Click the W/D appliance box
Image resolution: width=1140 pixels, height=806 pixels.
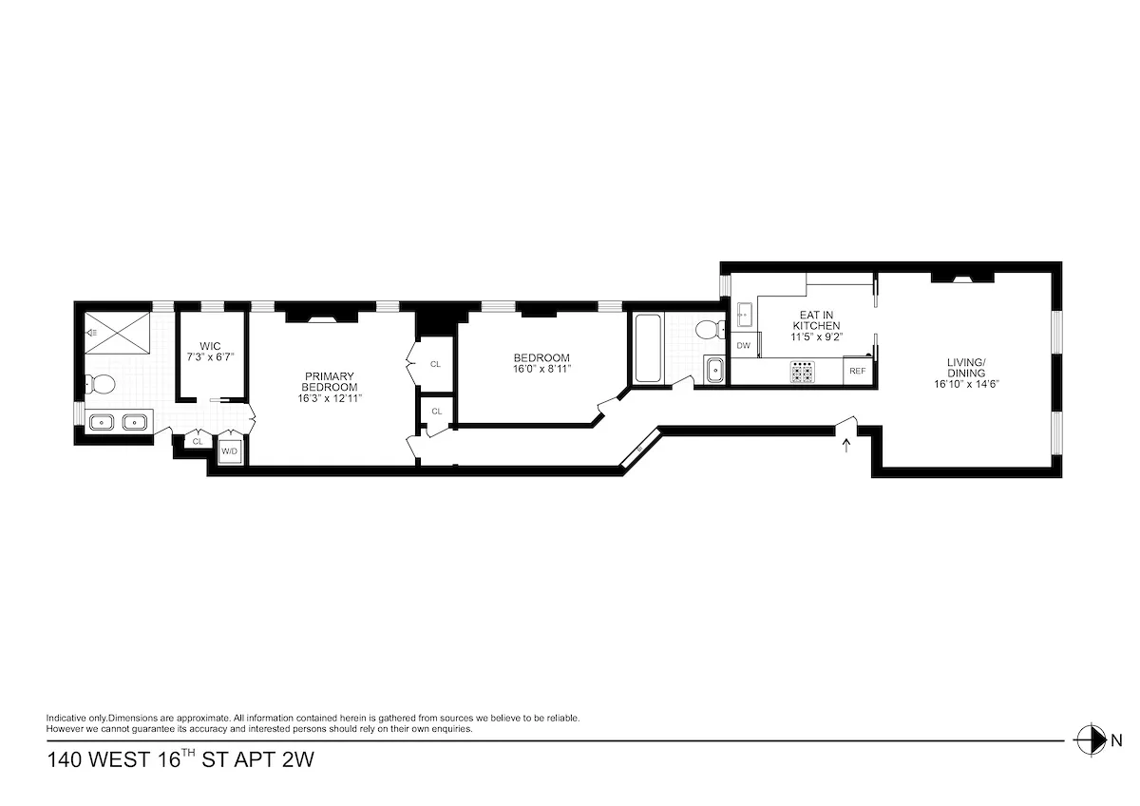click(229, 451)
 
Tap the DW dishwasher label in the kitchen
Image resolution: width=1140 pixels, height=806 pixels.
click(744, 346)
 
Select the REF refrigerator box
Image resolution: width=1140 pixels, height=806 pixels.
click(857, 371)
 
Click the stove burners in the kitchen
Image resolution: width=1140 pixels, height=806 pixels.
click(803, 372)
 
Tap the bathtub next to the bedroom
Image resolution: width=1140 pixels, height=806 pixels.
click(647, 348)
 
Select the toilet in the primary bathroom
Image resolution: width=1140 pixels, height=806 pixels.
click(99, 385)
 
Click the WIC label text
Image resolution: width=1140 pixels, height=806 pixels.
click(210, 346)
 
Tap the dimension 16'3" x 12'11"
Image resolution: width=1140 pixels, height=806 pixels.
click(330, 398)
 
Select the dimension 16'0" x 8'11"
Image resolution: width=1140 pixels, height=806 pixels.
click(541, 369)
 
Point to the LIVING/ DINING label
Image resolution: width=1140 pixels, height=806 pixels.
click(966, 367)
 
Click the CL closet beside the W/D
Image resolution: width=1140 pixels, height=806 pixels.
click(198, 442)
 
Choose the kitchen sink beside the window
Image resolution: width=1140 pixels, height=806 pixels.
click(745, 314)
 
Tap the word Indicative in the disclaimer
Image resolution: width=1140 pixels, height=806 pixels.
click(66, 719)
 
